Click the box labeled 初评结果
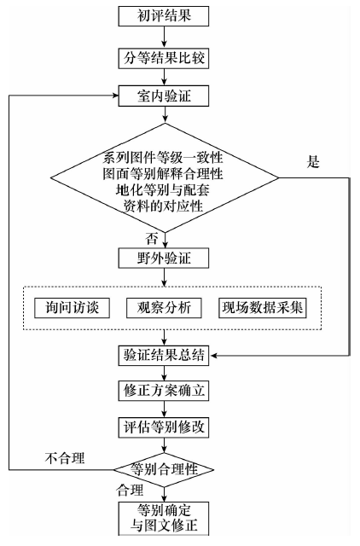point(164,16)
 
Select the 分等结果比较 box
point(164,58)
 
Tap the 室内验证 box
point(164,96)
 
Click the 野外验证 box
point(164,258)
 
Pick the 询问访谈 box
point(72,308)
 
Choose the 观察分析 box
point(164,308)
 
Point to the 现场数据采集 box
point(263,308)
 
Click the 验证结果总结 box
point(164,356)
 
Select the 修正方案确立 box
point(164,391)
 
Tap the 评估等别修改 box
point(164,427)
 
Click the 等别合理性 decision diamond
point(164,470)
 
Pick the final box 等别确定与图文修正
point(164,519)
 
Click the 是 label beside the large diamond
point(313,161)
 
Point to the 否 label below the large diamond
point(152,239)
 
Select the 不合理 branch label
point(65,458)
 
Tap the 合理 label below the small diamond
point(130,490)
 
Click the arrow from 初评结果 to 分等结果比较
point(165,38)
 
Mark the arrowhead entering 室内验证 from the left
point(115,96)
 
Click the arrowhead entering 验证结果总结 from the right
point(213,356)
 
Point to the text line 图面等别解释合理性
point(163,173)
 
